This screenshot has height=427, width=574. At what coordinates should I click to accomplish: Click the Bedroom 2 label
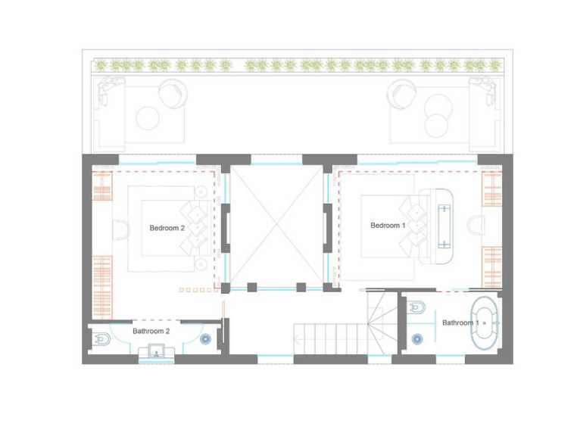coord(167,228)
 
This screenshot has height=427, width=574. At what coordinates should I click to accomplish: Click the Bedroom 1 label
coord(388,226)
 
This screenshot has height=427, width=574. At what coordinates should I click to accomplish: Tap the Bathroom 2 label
coord(151,331)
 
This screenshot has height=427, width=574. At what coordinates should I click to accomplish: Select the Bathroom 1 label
coord(460,323)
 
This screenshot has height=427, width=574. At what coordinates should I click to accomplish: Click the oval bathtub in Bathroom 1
coord(485,323)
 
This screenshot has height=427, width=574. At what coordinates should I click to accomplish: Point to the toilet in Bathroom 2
coord(101,339)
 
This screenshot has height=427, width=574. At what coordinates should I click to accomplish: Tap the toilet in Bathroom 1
coord(416,307)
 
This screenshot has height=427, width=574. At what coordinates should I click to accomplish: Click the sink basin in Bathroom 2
coord(156,352)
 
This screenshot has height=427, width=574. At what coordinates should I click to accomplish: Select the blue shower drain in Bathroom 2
coord(205,339)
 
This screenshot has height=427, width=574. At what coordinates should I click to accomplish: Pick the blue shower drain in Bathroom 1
coord(417,339)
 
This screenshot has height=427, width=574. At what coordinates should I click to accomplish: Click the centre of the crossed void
coord(276,226)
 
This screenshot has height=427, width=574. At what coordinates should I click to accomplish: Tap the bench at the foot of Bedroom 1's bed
coord(444,226)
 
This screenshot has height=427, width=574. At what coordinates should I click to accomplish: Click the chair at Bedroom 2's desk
coord(122,230)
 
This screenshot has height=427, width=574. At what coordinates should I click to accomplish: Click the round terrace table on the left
coord(148,118)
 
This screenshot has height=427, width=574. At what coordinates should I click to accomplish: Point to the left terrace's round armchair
coord(173,94)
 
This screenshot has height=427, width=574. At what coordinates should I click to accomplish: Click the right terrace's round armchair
coord(401,94)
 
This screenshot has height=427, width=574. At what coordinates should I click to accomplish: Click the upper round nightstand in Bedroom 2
coord(201,192)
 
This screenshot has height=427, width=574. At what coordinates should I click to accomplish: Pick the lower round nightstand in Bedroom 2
coord(201,264)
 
